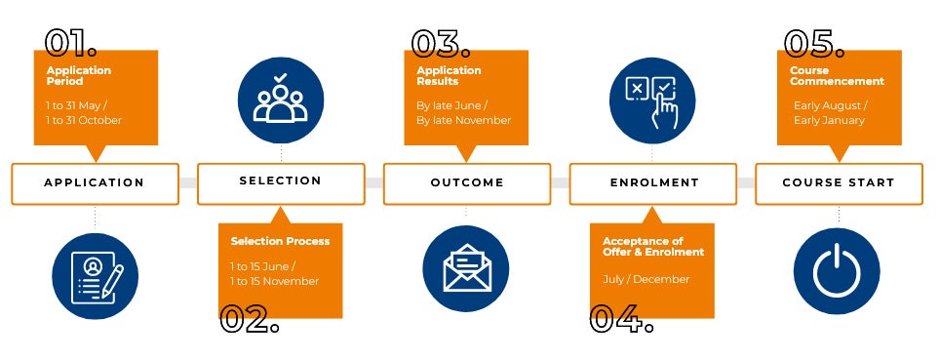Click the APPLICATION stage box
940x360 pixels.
click(x=95, y=183)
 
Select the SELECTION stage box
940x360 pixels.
click(x=281, y=182)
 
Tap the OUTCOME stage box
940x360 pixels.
click(x=467, y=183)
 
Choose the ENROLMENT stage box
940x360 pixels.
click(x=653, y=183)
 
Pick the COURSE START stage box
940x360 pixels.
click(x=839, y=183)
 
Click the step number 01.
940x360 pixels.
click(x=71, y=43)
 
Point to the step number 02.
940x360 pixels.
click(x=250, y=319)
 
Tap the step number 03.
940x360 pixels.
click(x=441, y=43)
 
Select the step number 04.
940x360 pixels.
click(x=621, y=319)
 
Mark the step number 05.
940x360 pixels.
click(x=815, y=43)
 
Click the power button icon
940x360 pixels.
click(x=839, y=269)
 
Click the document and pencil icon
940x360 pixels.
click(x=95, y=275)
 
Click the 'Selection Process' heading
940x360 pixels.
click(x=280, y=241)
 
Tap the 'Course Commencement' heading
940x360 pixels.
click(x=837, y=76)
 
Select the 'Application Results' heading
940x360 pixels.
click(x=449, y=76)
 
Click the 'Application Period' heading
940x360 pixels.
click(x=79, y=76)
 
